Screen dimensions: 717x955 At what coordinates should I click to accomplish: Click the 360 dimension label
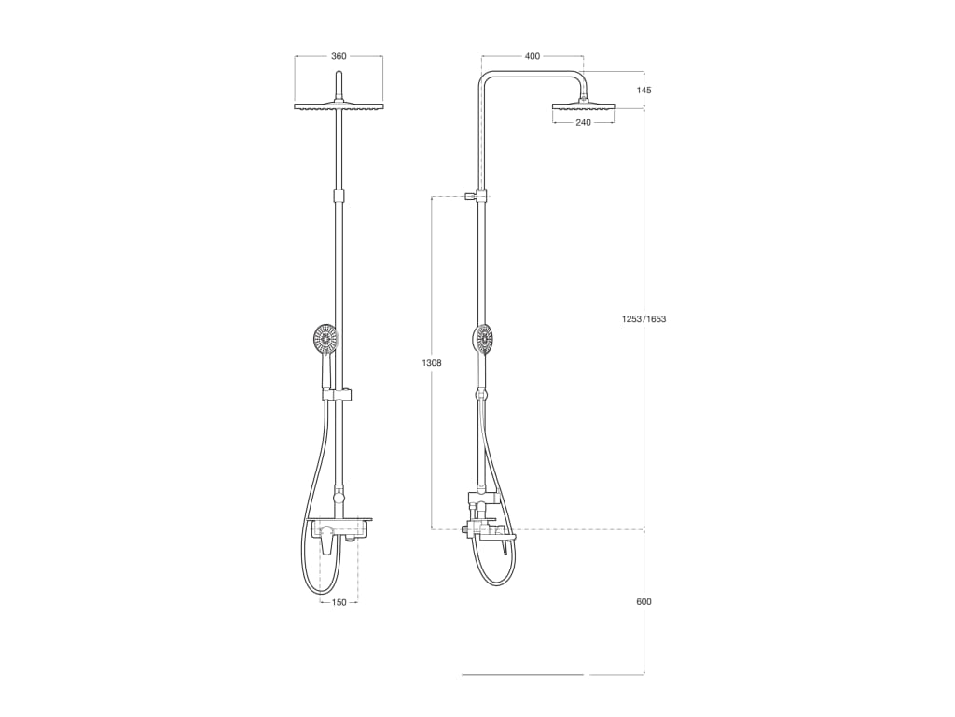(339, 56)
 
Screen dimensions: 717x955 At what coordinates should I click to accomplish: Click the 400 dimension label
(532, 56)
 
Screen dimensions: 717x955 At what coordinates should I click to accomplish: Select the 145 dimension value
(644, 91)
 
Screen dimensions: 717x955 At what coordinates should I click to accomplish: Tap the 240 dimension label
(583, 122)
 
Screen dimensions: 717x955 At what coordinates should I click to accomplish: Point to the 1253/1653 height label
(644, 319)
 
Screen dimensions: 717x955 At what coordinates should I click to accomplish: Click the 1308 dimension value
(432, 362)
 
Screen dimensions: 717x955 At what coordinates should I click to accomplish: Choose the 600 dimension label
(644, 601)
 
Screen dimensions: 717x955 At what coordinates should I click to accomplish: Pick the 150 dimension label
(339, 602)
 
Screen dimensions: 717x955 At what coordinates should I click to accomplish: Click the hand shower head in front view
(325, 339)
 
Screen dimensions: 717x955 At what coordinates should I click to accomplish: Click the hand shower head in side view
(483, 339)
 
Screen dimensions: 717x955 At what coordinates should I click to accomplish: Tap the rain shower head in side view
(583, 107)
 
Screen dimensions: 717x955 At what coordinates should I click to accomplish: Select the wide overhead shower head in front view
(339, 107)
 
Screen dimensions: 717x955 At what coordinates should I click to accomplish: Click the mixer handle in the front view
(329, 541)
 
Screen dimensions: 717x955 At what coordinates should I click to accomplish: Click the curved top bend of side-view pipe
(485, 78)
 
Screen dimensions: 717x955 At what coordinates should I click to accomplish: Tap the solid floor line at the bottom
(522, 674)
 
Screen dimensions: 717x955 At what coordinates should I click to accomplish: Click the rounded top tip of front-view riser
(339, 76)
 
